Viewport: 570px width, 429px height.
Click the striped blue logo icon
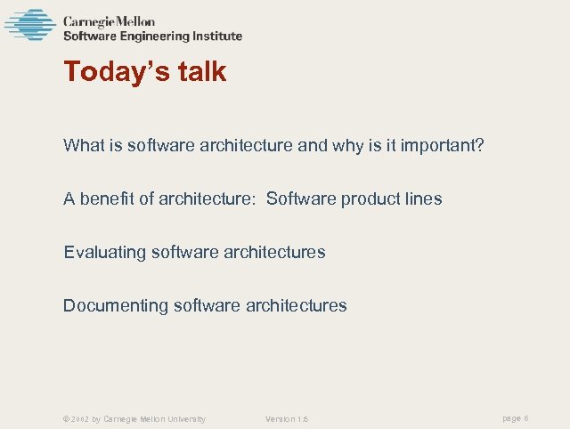tap(30, 24)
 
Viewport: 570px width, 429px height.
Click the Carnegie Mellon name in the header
tap(109, 21)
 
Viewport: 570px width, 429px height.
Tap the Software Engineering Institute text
tap(152, 36)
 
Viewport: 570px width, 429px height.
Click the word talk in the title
tap(198, 72)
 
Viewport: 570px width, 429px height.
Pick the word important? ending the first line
tap(444, 145)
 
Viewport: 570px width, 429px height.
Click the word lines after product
tap(419, 198)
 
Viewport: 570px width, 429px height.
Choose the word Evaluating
tap(104, 252)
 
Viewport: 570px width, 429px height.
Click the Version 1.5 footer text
tap(287, 419)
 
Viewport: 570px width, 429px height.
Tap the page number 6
tap(527, 418)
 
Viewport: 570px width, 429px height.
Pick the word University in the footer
tap(185, 419)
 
